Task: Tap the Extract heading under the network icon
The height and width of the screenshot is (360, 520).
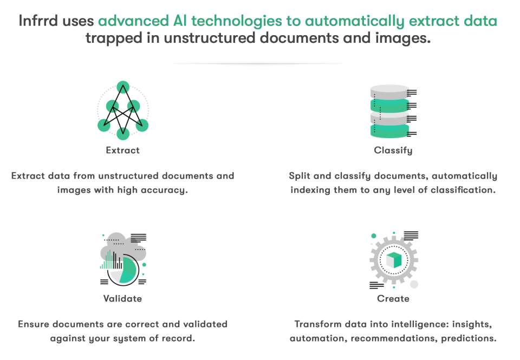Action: point(123,150)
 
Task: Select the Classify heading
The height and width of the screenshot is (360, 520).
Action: point(393,150)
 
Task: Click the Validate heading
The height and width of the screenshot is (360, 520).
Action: point(123,298)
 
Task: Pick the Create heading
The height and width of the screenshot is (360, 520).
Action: point(393,298)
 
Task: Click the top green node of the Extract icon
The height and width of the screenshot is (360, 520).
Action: point(123,87)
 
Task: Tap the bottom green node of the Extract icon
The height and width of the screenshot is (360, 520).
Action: point(123,133)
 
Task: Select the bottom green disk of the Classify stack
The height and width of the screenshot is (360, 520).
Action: point(389,130)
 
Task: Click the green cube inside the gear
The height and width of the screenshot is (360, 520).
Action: point(394,260)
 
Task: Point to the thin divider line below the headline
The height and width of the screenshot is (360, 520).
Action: point(258,63)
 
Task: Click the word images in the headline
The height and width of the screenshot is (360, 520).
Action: point(403,38)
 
